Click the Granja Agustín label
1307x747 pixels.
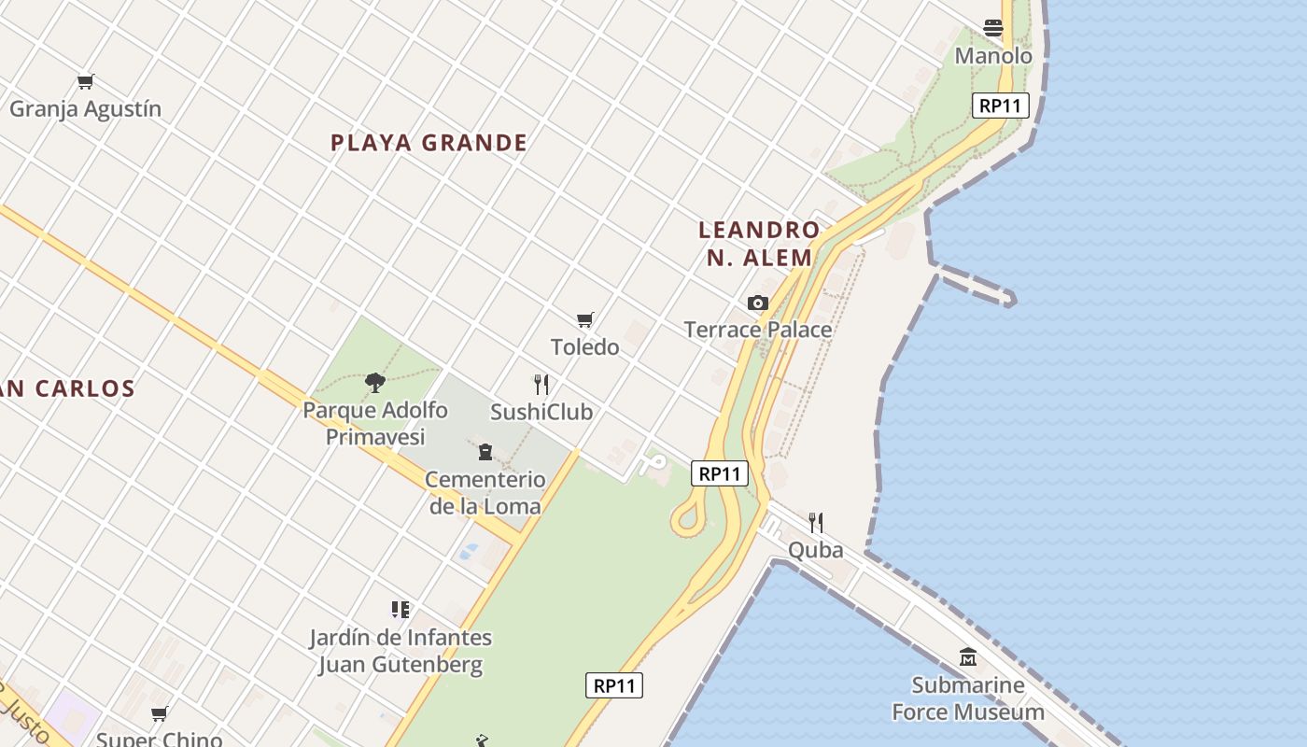pos(85,109)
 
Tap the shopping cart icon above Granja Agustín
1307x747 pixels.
pos(86,82)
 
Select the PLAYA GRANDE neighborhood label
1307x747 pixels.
pos(429,143)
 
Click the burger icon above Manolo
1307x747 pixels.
pos(992,28)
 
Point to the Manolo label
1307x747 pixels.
pos(993,56)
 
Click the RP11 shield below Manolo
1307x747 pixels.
pos(1000,106)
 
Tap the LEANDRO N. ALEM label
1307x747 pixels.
pos(759,243)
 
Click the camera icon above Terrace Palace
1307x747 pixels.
pos(757,303)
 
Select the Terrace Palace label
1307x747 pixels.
pos(757,330)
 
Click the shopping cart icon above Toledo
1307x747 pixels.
pos(585,320)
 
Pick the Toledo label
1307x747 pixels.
pos(584,347)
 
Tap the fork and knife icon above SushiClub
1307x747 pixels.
pos(541,384)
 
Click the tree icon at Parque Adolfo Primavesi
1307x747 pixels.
pos(374,382)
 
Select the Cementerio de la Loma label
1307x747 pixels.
pos(485,493)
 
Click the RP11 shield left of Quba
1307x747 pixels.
pos(720,473)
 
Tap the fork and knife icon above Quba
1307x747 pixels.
pos(815,522)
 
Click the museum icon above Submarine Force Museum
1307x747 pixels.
pos(967,657)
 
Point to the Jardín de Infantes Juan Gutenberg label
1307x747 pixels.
pos(401,652)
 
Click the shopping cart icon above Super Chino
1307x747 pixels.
pos(160,714)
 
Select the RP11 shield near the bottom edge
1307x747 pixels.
pos(614,685)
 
